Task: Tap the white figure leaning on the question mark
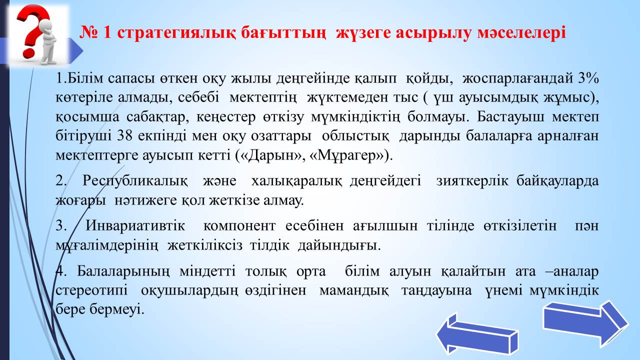point(48,43)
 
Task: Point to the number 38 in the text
point(125,135)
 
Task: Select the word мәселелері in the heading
point(521,32)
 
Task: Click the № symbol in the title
point(88,32)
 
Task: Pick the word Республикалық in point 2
point(135,181)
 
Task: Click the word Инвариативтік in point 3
point(135,225)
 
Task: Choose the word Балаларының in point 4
point(123,271)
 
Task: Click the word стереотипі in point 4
point(91,291)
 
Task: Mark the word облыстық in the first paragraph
point(355,135)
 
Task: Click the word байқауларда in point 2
point(557,181)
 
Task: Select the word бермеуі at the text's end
point(117,309)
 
